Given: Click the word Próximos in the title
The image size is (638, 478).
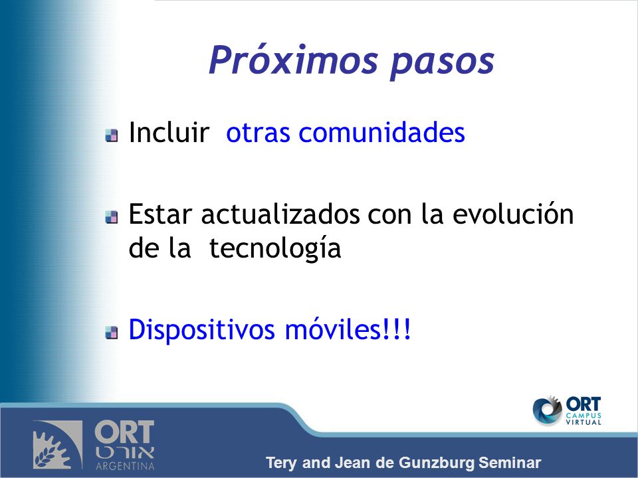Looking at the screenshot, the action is pyautogui.click(x=293, y=60).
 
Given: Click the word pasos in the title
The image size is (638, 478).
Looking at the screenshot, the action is pyautogui.click(x=443, y=64).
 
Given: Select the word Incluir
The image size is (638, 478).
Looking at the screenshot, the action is pyautogui.click(x=169, y=132).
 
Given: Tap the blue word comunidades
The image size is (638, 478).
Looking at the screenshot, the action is pyautogui.click(x=381, y=132).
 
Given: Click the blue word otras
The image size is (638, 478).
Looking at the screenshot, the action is pyautogui.click(x=258, y=133).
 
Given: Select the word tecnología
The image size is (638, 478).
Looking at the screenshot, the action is pyautogui.click(x=275, y=248).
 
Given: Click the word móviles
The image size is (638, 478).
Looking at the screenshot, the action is pyautogui.click(x=332, y=329).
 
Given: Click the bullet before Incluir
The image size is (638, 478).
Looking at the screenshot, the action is pyautogui.click(x=112, y=135).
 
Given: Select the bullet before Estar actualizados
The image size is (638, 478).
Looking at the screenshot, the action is pyautogui.click(x=112, y=217).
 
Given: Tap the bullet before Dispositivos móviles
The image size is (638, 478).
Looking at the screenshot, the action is pyautogui.click(x=112, y=333).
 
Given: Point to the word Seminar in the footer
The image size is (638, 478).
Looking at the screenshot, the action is pyautogui.click(x=510, y=463).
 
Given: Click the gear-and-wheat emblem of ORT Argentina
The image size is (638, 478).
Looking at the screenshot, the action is pyautogui.click(x=58, y=445).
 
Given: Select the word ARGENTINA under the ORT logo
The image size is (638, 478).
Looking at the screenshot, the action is pyautogui.click(x=125, y=466).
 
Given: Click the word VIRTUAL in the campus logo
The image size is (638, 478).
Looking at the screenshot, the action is pyautogui.click(x=584, y=422).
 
